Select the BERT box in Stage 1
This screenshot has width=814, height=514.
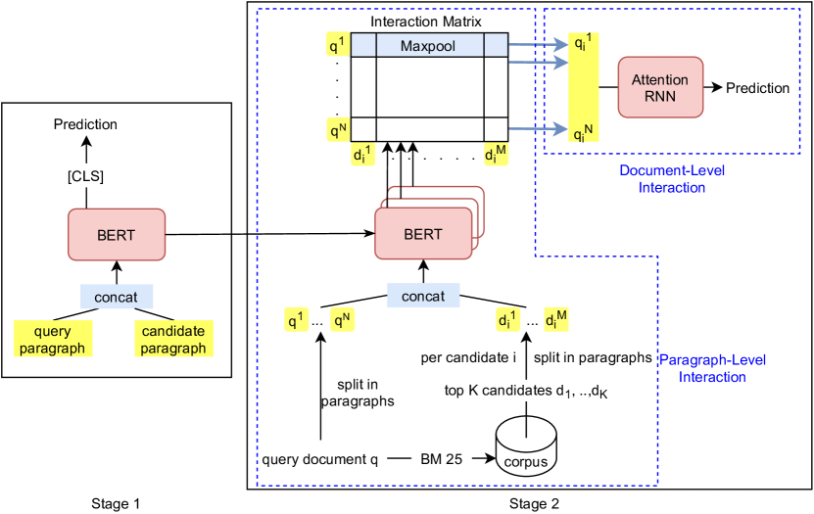coord(117,236)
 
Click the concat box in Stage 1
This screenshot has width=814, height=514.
coord(116,296)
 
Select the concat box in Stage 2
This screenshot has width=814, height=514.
coord(422,296)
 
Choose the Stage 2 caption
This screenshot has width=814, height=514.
coord(534,503)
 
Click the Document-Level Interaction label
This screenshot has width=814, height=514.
coord(657,178)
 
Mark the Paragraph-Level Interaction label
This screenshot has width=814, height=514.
coord(712,368)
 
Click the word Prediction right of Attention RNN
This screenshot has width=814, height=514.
coord(757,88)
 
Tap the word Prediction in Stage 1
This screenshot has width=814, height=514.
coord(84,124)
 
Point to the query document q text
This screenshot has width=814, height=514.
coord(314,459)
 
